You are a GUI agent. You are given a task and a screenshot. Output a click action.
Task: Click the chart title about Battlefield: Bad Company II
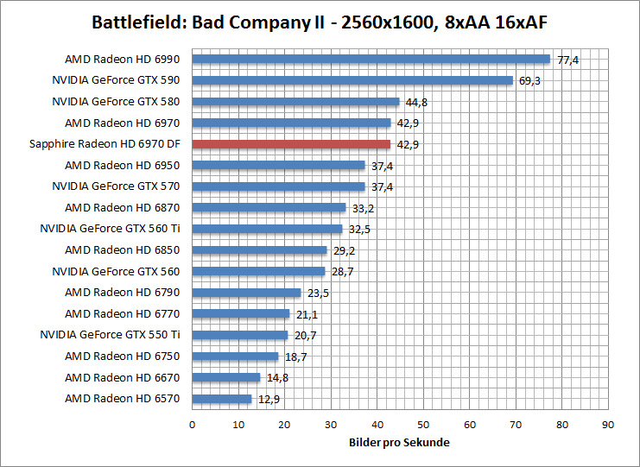pos(320,21)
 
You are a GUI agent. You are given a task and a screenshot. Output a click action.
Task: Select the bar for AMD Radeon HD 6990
pos(371,60)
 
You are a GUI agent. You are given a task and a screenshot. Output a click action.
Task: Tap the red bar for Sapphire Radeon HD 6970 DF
pos(291,144)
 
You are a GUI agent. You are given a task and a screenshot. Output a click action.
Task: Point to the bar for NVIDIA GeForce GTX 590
pos(352,80)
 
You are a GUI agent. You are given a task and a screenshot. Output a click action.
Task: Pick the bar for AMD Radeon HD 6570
pos(222,399)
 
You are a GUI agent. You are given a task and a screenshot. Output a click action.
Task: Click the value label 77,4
pos(567,60)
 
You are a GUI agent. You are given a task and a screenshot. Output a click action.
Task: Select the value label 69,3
pos(530,80)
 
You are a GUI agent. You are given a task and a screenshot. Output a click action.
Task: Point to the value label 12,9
pos(269,399)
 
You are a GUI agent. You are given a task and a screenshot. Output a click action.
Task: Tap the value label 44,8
pos(416,102)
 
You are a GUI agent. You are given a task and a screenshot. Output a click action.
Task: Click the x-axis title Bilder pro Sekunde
pos(400,442)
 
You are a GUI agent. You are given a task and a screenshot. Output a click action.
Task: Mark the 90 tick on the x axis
pos(608,424)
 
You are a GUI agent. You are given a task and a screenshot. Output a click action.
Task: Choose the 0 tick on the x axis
pos(192,424)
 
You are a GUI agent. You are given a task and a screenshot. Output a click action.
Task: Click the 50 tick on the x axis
pos(423,424)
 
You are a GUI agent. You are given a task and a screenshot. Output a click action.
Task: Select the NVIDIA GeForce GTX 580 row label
pos(118,102)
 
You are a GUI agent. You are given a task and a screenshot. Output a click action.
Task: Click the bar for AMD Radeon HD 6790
pos(246,293)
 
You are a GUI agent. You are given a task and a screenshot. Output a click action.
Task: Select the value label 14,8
pos(277,377)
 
